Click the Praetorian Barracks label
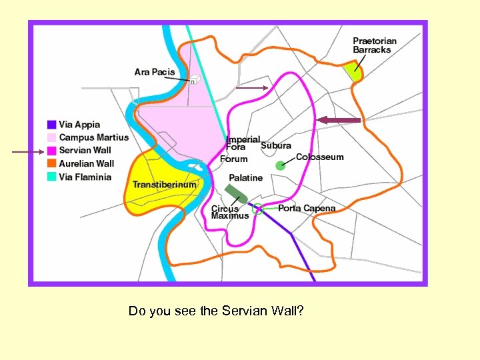point(374,45)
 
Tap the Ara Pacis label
point(155,72)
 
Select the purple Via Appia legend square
point(51,125)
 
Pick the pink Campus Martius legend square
point(51,137)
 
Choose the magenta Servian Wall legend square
point(51,151)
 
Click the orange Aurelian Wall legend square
point(51,164)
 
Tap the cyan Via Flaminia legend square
point(51,177)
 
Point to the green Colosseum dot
point(280,165)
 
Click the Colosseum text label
point(320,157)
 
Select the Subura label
point(276,145)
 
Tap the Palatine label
point(246,178)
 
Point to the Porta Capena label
point(307,209)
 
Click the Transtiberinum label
point(165,185)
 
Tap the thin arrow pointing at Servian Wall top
point(252,87)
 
